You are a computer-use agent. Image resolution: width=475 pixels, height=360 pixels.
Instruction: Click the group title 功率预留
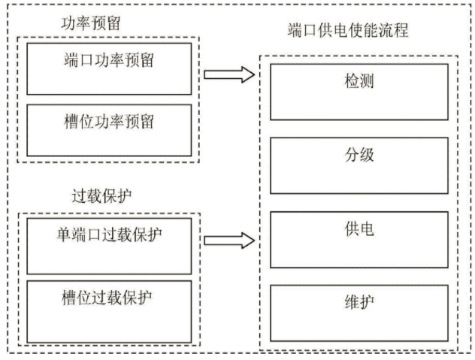click(x=91, y=23)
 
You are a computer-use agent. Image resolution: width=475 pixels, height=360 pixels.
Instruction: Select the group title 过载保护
click(x=101, y=196)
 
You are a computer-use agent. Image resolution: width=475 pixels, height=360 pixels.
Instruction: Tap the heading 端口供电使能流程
click(x=348, y=30)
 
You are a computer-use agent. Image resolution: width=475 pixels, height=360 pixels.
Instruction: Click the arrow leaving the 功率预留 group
click(x=229, y=74)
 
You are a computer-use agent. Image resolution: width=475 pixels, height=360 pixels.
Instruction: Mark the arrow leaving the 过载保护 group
click(x=229, y=241)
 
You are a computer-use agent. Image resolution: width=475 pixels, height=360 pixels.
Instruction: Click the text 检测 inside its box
click(x=359, y=81)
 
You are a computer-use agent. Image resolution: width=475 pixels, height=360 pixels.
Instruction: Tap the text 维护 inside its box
click(x=359, y=302)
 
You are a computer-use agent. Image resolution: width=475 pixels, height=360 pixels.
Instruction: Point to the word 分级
click(x=359, y=155)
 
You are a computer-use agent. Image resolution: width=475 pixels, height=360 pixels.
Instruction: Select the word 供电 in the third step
click(x=359, y=228)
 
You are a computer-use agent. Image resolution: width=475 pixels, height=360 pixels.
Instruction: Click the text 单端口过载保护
click(x=109, y=234)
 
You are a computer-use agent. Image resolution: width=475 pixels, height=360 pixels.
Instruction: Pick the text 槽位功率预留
click(x=109, y=122)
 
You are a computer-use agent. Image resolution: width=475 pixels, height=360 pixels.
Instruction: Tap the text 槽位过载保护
click(x=107, y=298)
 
